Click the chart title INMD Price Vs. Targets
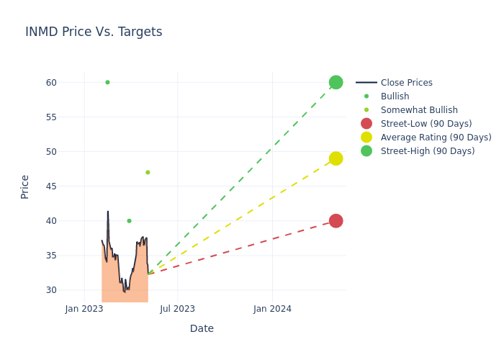(94, 32)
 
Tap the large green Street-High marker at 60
(336, 82)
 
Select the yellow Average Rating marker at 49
(336, 158)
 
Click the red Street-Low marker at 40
(336, 220)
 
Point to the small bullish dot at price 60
(107, 82)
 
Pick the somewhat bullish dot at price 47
(148, 172)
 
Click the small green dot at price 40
(129, 221)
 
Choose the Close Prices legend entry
(406, 83)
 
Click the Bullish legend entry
(395, 96)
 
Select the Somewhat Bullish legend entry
(419, 110)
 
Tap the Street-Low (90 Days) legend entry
(426, 124)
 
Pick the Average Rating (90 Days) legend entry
(436, 138)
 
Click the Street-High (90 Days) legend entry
(428, 151)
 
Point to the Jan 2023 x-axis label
(84, 309)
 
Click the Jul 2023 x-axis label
(177, 309)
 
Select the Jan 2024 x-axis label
(272, 309)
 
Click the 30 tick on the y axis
(50, 290)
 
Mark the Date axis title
(202, 328)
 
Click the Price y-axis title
(25, 186)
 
